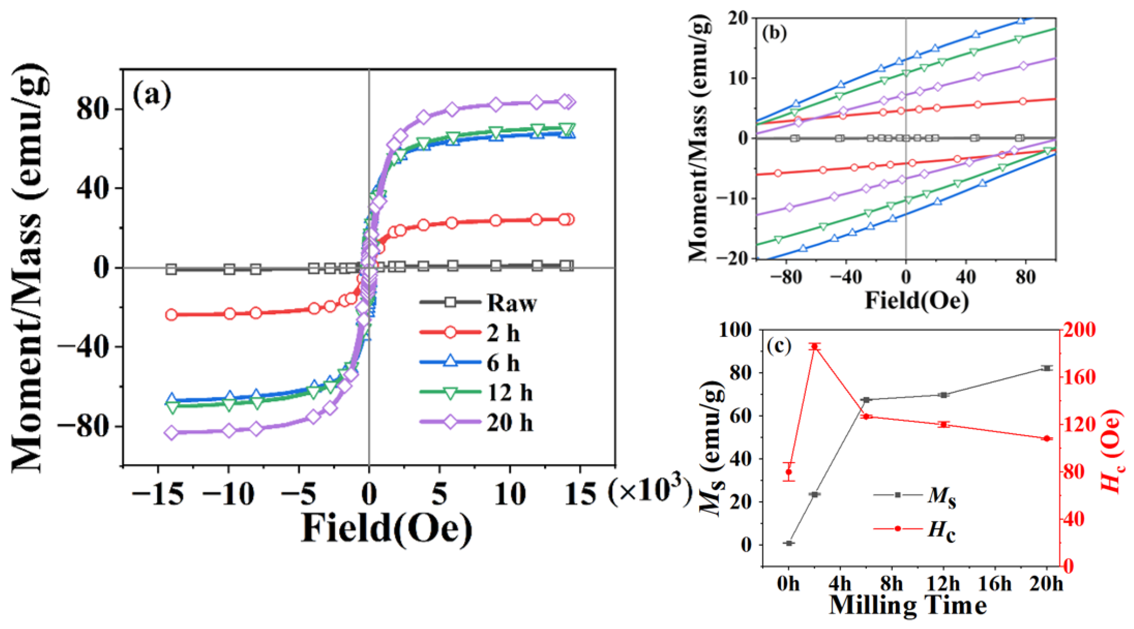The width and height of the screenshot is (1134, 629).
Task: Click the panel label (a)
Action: [x=151, y=96]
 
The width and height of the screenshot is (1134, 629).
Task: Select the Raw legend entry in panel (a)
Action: [x=511, y=303]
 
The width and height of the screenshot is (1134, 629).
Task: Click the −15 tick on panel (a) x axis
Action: [x=157, y=495]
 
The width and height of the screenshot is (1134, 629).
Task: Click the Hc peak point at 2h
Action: [x=815, y=347]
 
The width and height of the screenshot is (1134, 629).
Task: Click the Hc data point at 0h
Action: [x=789, y=472]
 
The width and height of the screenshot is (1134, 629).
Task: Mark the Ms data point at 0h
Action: [x=789, y=543]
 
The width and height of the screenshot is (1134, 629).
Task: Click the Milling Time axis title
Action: [x=908, y=606]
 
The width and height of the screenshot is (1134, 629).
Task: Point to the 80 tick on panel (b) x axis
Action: [x=1026, y=278]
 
